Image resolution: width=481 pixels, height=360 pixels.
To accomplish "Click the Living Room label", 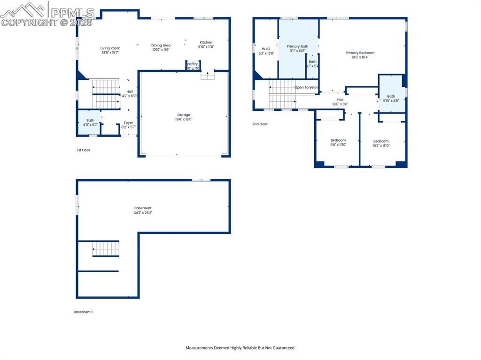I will (110, 48).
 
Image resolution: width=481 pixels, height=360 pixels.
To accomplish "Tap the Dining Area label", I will (161, 46).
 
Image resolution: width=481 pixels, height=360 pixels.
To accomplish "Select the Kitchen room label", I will (206, 43).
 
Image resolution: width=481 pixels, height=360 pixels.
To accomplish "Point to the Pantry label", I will (193, 64).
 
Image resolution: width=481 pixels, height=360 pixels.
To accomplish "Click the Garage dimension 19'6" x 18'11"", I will (184, 120).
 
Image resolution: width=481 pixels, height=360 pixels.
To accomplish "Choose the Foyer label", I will (128, 123).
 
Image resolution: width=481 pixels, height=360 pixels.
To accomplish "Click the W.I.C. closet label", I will (266, 49).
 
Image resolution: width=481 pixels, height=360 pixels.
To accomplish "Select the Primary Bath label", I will (297, 46).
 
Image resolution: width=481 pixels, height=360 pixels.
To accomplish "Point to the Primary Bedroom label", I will (360, 53).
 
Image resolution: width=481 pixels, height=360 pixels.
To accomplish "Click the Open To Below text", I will (306, 87).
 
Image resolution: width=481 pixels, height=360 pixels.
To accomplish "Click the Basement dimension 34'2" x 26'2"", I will (143, 213).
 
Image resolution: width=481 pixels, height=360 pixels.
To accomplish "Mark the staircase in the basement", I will (106, 248).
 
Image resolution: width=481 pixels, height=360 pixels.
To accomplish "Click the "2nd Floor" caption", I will (260, 124).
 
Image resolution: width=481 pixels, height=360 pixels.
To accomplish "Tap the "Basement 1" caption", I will (83, 312).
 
